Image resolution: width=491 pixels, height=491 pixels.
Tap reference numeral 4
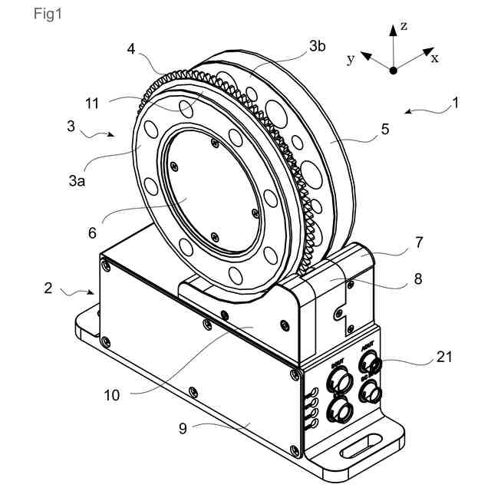click(x=131, y=49)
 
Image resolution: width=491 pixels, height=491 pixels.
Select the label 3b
click(x=318, y=46)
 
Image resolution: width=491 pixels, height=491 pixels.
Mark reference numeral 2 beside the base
click(x=48, y=288)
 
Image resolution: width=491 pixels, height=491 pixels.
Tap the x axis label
click(x=435, y=58)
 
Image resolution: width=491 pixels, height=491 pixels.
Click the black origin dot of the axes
click(x=393, y=70)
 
